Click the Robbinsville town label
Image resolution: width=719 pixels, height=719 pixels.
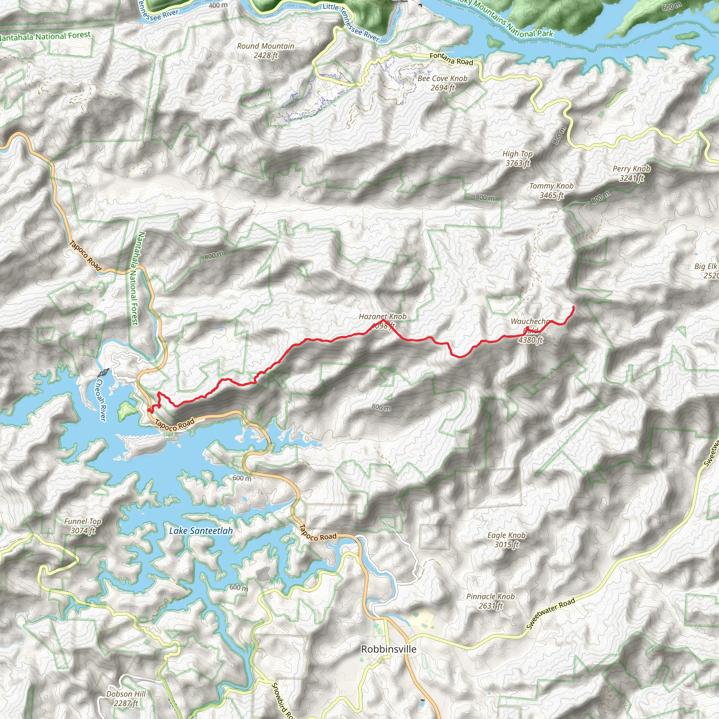pyautogui.click(x=389, y=649)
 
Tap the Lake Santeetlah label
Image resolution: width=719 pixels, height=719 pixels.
pyautogui.click(x=201, y=531)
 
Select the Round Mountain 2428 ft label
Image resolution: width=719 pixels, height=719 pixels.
pyautogui.click(x=265, y=51)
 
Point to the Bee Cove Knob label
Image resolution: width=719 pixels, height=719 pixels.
pyautogui.click(x=442, y=83)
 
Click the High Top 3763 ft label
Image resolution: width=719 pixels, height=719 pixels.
pyautogui.click(x=517, y=158)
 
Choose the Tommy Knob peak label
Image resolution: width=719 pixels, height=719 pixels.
pyautogui.click(x=551, y=190)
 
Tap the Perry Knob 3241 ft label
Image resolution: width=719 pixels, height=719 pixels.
pyautogui.click(x=632, y=173)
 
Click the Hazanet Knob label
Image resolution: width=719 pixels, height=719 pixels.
pyautogui.click(x=382, y=317)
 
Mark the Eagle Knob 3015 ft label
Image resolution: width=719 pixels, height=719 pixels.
pyautogui.click(x=507, y=540)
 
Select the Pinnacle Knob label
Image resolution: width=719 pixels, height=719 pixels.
pyautogui.click(x=490, y=601)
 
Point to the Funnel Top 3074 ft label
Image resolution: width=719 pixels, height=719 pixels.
pyautogui.click(x=83, y=526)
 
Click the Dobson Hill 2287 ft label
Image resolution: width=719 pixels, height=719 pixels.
pyautogui.click(x=126, y=699)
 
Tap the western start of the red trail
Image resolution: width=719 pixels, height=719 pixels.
pyautogui.click(x=149, y=410)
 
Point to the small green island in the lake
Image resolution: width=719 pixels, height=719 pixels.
pyautogui.click(x=127, y=410)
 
